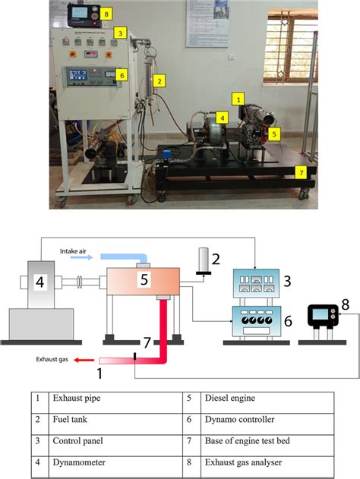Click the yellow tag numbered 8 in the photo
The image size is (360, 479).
[106, 14]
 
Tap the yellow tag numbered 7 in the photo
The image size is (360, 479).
[302, 172]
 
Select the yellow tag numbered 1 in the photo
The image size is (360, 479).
[238, 99]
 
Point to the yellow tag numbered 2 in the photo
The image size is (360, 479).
[159, 80]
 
